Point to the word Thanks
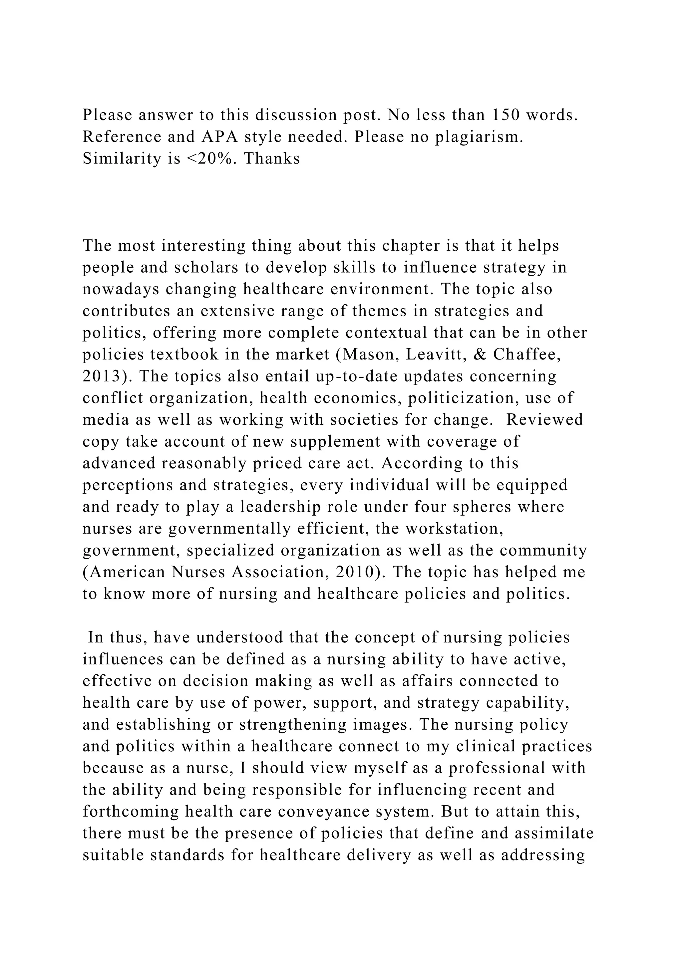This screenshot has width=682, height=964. [272, 158]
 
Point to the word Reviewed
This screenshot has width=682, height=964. [545, 419]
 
